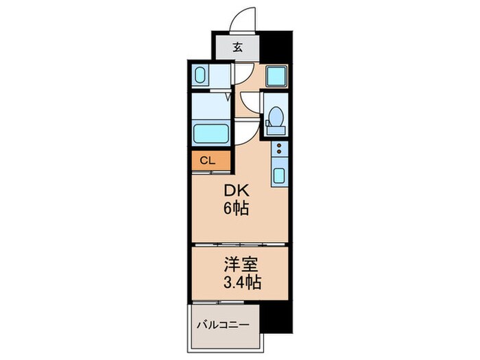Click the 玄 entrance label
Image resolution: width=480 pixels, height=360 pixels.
pos(237,48)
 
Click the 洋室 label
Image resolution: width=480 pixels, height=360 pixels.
pos(237,264)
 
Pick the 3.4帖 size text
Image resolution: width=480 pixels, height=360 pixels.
pos(237,281)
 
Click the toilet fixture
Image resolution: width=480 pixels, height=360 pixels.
pos(276,121)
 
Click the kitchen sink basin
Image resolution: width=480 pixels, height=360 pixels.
pos(280,175)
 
